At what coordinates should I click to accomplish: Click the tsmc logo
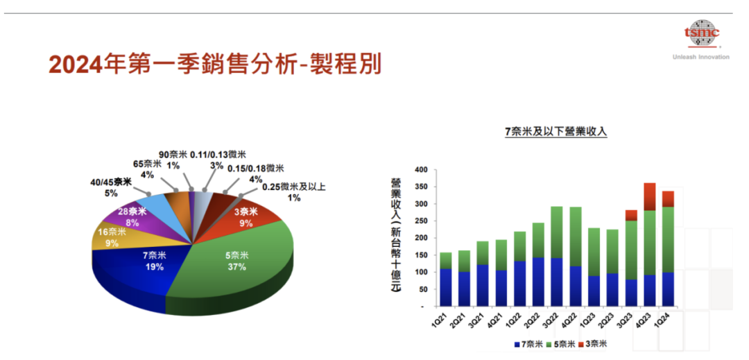[x=701, y=33]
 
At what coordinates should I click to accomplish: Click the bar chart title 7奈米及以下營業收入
[x=556, y=131]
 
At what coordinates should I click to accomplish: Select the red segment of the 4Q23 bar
[x=649, y=196]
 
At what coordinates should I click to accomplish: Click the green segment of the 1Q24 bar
[x=668, y=239]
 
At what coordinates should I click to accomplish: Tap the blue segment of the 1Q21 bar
[x=446, y=287]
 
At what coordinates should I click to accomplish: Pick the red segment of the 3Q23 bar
[x=631, y=215]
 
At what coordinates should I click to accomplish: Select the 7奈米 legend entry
[x=528, y=344]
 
